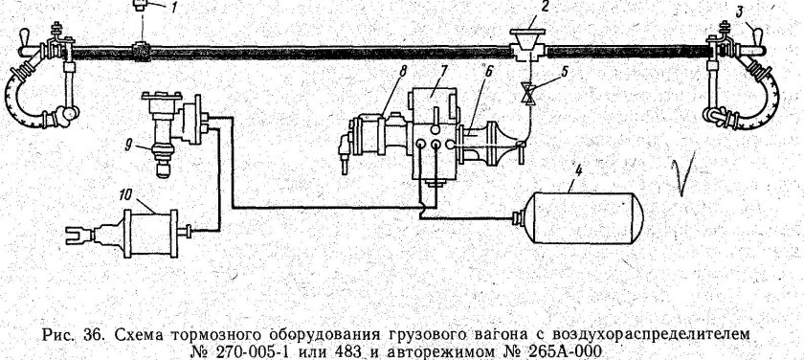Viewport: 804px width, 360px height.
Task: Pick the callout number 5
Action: pyautogui.click(x=566, y=72)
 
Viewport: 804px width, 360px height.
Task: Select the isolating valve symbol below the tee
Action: pyautogui.click(x=527, y=94)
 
